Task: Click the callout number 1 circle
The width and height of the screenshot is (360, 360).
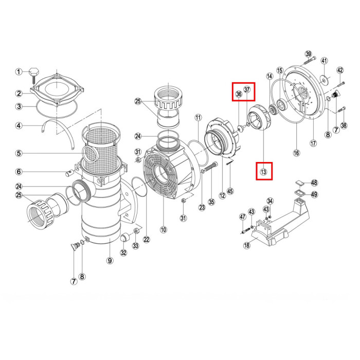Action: pos(19,71)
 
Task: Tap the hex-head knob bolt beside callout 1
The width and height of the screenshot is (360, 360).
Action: pos(33,75)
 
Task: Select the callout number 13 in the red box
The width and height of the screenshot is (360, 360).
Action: pos(263,171)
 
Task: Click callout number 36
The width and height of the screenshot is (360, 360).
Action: pos(239,94)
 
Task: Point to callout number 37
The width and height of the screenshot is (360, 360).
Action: pos(247,89)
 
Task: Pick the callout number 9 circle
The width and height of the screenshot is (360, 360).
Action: pos(110,261)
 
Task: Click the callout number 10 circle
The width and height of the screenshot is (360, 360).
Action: pos(164,229)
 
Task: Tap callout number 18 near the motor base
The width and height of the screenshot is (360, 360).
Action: pos(246,245)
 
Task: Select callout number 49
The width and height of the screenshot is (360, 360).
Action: pos(314,195)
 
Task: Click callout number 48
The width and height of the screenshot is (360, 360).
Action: pos(314,183)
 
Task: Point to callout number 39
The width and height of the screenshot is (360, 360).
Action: pos(309,54)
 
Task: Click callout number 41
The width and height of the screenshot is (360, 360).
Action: pos(324,61)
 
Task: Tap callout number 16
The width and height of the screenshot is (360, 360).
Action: pos(297,153)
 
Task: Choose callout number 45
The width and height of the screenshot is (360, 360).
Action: pos(230,191)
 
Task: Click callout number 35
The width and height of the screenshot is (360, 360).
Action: pos(211,202)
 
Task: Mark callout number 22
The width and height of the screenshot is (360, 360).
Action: pos(147,240)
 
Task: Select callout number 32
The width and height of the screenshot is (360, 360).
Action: pos(123,253)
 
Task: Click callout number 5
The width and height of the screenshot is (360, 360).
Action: pos(19,153)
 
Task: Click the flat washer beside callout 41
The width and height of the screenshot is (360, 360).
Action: pos(324,80)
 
